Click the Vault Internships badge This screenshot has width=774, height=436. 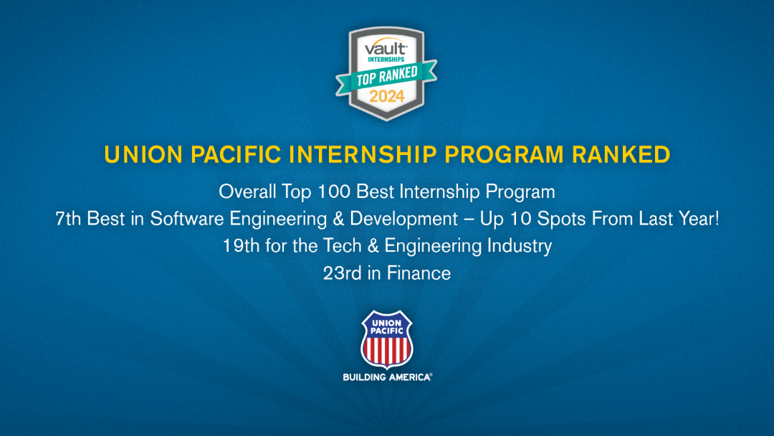(x=386, y=73)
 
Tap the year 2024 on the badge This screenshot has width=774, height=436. (x=387, y=96)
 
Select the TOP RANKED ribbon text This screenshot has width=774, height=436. (x=387, y=76)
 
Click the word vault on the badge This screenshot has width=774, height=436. (x=386, y=48)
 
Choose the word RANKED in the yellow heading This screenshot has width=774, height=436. (x=621, y=155)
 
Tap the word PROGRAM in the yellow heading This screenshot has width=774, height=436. (x=504, y=155)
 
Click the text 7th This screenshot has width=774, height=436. (x=68, y=219)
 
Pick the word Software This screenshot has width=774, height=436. (x=187, y=219)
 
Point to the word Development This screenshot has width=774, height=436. (x=403, y=219)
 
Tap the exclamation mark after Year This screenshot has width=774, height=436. (x=716, y=219)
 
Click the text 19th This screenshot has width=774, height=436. (x=241, y=246)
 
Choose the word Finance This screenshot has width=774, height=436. (x=419, y=273)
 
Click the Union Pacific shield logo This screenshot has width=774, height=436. (x=387, y=340)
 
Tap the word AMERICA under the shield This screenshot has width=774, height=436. (x=410, y=377)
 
